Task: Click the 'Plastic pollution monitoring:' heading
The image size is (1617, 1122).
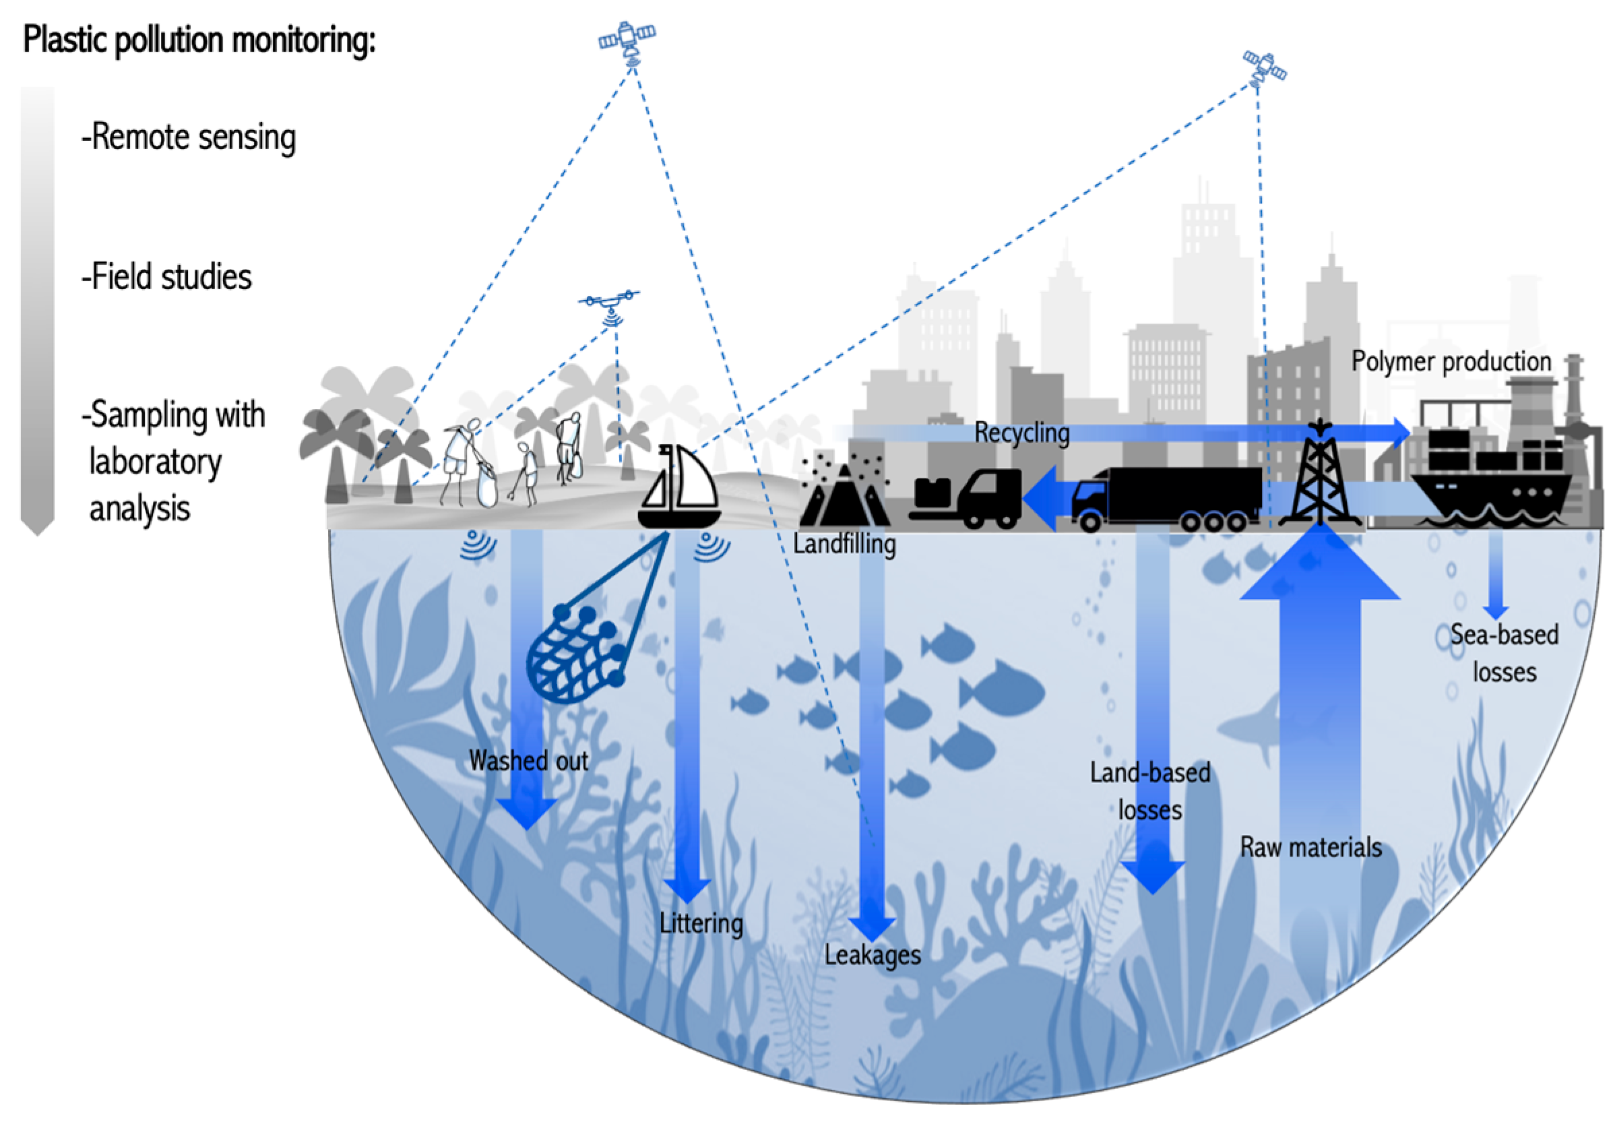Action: [199, 40]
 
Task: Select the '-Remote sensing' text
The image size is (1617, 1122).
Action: [189, 136]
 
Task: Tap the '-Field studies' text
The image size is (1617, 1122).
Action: [166, 276]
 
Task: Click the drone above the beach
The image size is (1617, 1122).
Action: [608, 303]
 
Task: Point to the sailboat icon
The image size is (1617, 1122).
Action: [679, 489]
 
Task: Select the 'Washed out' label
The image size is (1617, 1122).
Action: [528, 761]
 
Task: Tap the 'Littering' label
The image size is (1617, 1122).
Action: [701, 923]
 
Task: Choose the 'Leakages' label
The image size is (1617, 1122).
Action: [872, 955]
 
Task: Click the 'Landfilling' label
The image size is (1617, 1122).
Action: [844, 544]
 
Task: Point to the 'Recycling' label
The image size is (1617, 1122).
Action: [1022, 433]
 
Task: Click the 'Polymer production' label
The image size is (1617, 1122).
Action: [1451, 361]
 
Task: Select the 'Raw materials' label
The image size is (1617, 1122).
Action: [1310, 847]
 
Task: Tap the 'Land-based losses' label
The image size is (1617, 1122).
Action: [1150, 791]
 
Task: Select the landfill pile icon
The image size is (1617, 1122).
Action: [844, 492]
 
